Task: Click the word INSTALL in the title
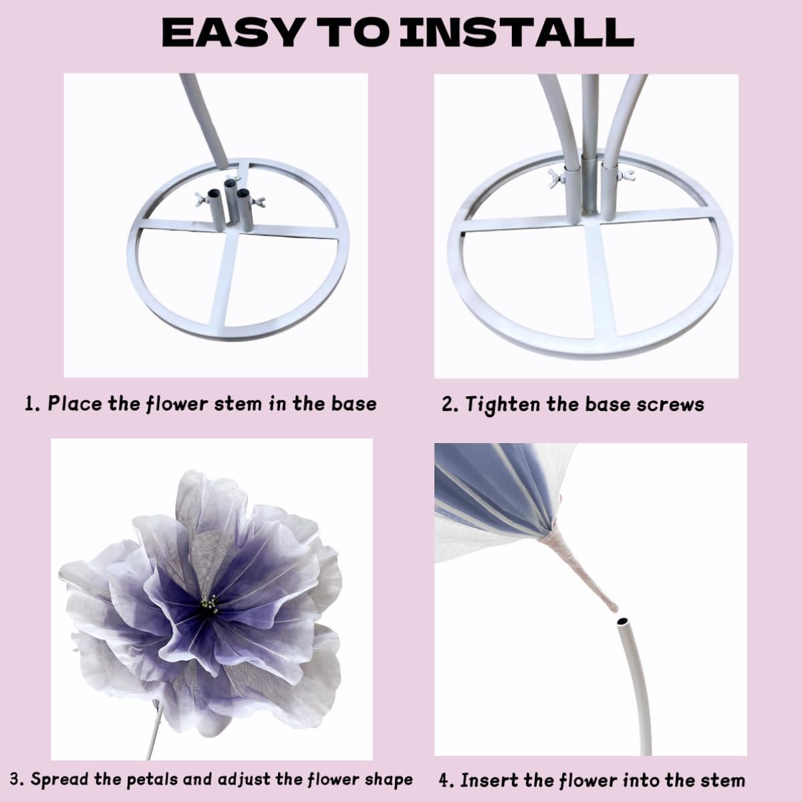[520, 31]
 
